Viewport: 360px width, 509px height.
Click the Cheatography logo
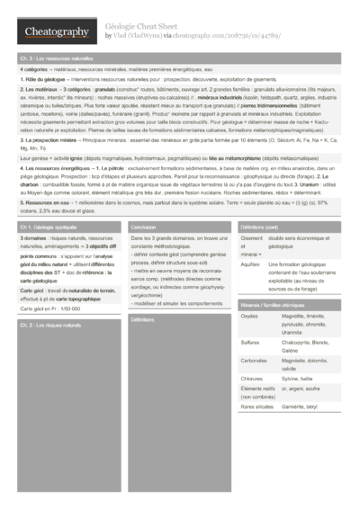[x=55, y=32]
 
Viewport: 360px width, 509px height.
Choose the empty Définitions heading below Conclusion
[x=142, y=319]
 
